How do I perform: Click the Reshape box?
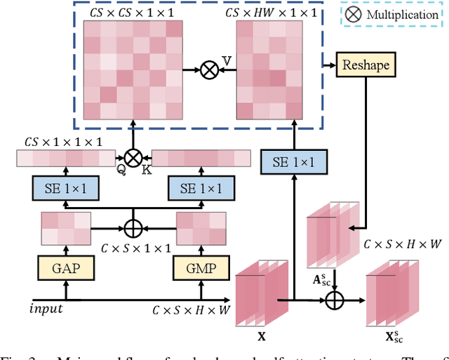click(x=365, y=65)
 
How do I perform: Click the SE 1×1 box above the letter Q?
click(x=65, y=188)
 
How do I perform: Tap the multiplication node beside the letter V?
click(x=208, y=69)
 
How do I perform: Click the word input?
click(x=46, y=309)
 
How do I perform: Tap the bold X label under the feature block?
click(x=261, y=336)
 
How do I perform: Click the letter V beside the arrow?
click(x=227, y=62)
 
